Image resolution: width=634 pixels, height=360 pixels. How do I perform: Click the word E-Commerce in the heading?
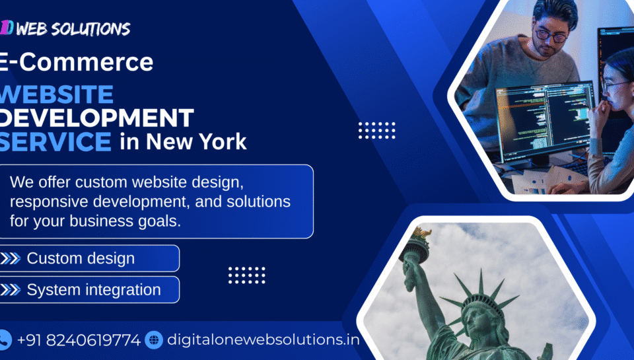[x=76, y=62]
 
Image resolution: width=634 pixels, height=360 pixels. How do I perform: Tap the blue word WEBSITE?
[x=57, y=94]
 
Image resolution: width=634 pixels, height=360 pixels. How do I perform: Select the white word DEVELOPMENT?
[x=96, y=118]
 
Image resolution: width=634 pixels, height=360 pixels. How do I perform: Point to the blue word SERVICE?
[x=55, y=141]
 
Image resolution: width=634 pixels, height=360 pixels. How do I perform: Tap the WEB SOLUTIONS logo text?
[x=73, y=28]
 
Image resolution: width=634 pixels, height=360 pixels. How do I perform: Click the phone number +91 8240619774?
[x=79, y=340]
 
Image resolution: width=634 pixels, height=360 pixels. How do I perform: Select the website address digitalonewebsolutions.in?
[x=264, y=340]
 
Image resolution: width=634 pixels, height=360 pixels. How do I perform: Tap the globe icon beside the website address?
[x=154, y=340]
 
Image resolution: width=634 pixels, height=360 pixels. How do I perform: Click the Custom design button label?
[x=81, y=258]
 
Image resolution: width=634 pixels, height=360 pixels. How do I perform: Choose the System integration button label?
[x=94, y=290]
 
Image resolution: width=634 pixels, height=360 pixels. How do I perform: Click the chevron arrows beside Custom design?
[x=11, y=258]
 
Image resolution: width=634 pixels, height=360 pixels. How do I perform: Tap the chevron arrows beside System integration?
[x=11, y=289]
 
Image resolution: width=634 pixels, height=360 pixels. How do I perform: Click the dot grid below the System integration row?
[x=246, y=275]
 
